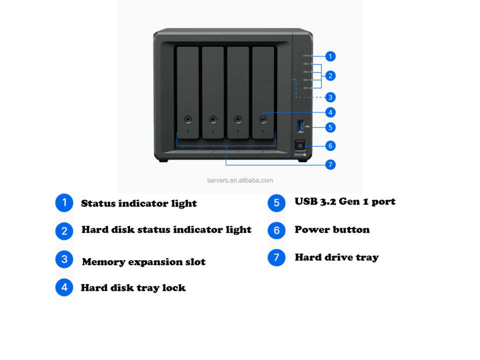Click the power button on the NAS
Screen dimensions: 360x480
click(x=300, y=145)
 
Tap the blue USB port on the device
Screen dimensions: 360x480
click(x=300, y=126)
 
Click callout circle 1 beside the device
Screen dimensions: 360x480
click(x=330, y=56)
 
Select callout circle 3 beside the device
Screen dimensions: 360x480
click(x=330, y=97)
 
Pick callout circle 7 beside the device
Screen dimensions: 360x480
click(x=330, y=164)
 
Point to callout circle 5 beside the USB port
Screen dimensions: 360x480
click(x=330, y=127)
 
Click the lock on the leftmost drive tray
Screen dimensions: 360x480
click(x=187, y=119)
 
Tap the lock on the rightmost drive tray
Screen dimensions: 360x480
click(x=263, y=119)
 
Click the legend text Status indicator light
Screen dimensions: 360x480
click(x=138, y=203)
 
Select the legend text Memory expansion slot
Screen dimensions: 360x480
click(x=143, y=262)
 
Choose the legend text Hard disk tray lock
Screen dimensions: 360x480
click(x=133, y=288)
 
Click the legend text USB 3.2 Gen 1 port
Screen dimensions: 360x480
click(x=345, y=201)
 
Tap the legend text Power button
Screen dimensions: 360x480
click(x=332, y=230)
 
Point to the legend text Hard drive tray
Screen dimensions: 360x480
click(x=336, y=257)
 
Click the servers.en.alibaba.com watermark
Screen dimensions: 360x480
click(x=240, y=180)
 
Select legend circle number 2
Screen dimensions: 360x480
click(x=64, y=230)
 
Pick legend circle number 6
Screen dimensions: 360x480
click(x=276, y=230)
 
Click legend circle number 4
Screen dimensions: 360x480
click(x=64, y=287)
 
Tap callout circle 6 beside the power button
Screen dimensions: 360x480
click(x=330, y=145)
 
